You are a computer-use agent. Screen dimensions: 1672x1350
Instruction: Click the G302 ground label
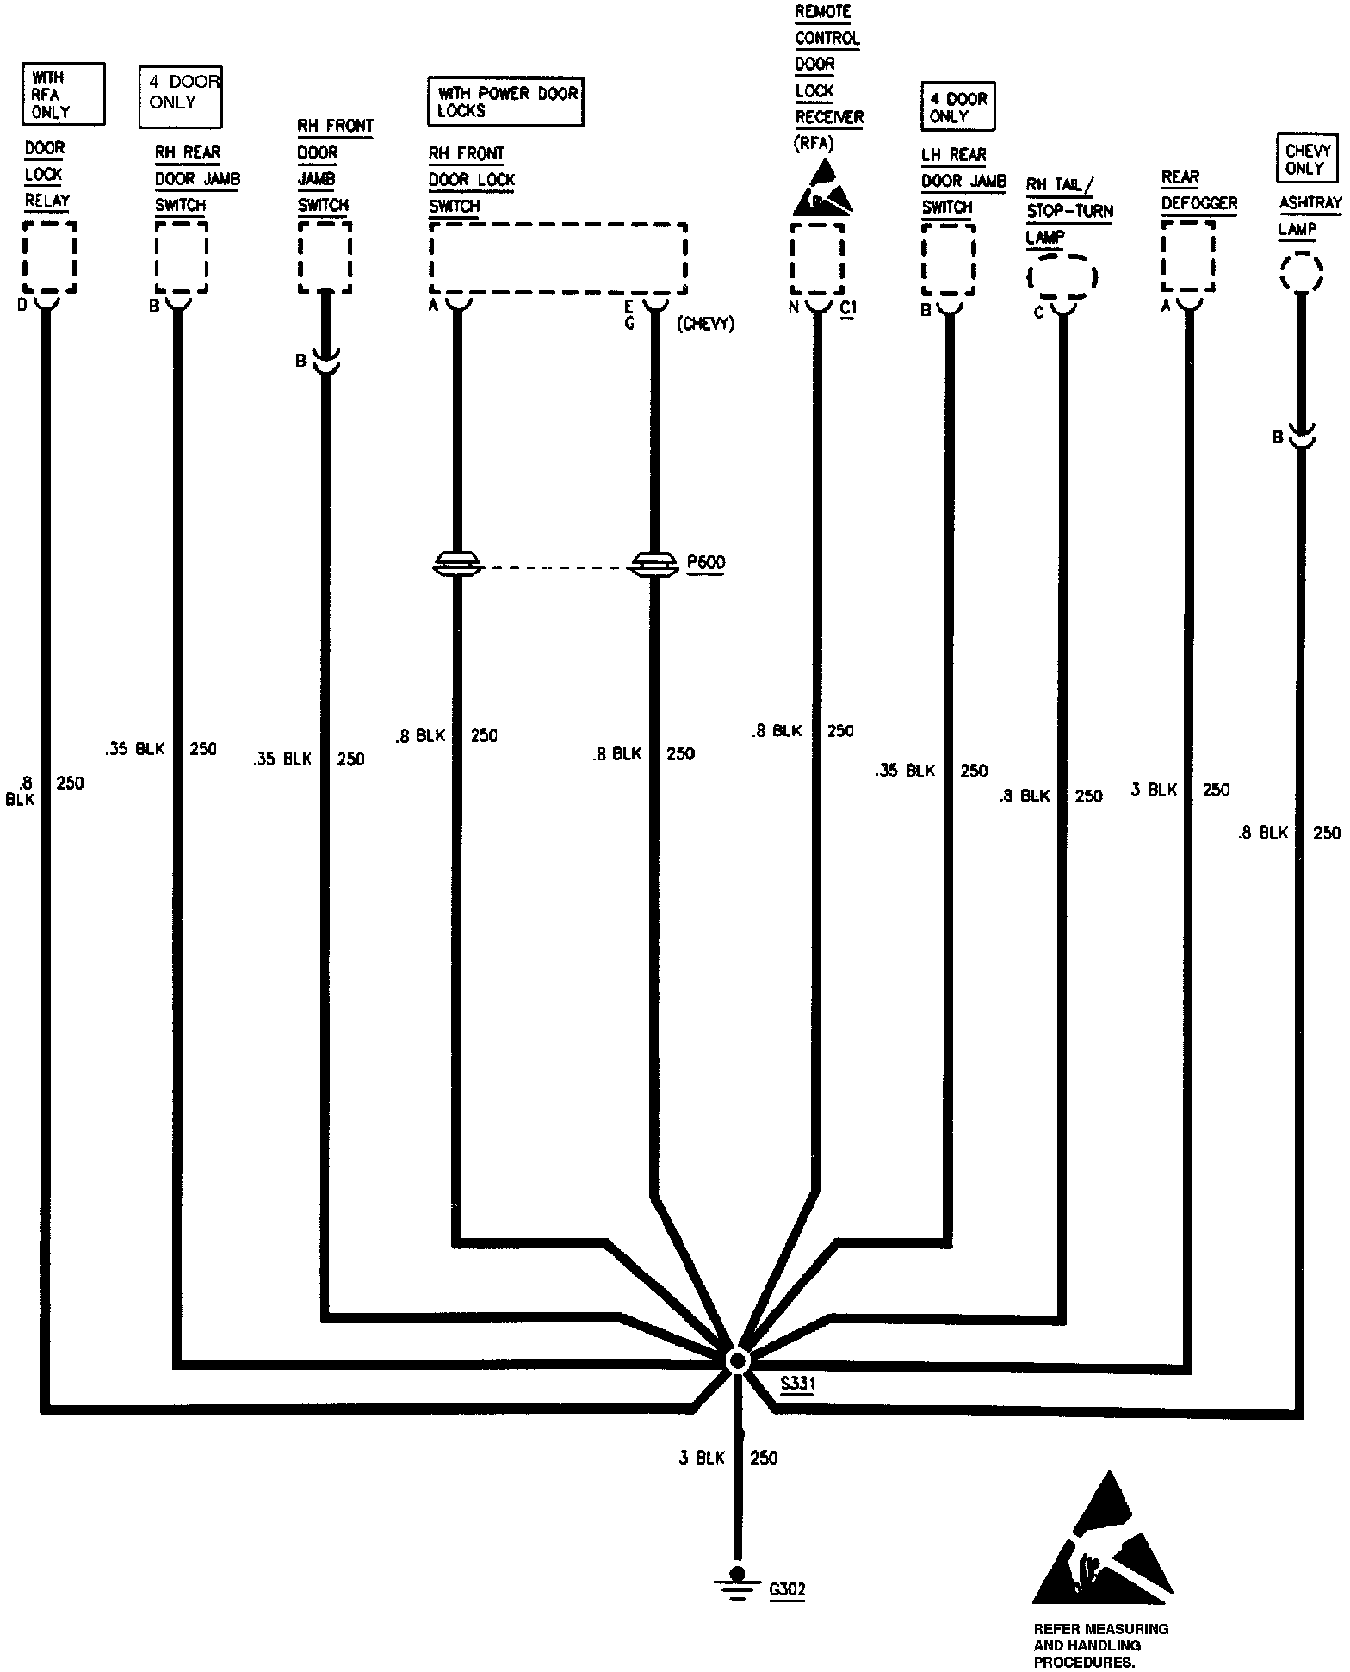click(787, 1589)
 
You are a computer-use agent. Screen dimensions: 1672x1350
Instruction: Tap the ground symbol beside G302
click(737, 1582)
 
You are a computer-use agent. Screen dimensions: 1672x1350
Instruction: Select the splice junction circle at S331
click(737, 1360)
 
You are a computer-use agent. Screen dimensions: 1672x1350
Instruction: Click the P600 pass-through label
click(706, 563)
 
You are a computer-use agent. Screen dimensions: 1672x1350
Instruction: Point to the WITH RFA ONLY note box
click(63, 94)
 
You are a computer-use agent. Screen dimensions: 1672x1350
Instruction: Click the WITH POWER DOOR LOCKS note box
click(506, 102)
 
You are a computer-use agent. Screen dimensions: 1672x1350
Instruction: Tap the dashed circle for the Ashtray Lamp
click(1300, 273)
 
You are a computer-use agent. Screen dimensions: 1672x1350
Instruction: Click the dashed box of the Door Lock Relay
click(49, 257)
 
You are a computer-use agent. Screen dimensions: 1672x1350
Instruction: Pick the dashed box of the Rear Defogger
click(1188, 257)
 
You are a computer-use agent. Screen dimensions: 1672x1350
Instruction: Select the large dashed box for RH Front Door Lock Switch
click(558, 258)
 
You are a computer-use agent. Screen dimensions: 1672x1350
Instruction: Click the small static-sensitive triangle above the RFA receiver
click(824, 194)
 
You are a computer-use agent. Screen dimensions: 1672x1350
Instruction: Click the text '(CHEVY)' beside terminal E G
click(705, 325)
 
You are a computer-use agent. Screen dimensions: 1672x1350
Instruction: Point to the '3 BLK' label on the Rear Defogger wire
click(1154, 790)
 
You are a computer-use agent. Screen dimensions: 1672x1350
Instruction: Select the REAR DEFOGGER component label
click(1198, 191)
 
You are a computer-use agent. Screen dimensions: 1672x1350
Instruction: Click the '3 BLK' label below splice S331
click(703, 1458)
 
